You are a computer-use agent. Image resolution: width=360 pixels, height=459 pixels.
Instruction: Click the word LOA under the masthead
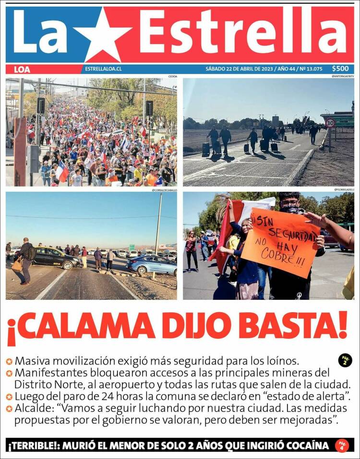(x=22, y=69)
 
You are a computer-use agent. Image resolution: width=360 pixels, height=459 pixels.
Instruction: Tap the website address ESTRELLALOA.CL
(x=103, y=69)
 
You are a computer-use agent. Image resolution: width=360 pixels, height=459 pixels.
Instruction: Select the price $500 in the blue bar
(x=340, y=69)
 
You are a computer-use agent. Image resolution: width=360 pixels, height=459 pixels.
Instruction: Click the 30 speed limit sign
(x=330, y=123)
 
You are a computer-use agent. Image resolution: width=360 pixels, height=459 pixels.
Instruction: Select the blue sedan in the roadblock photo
(x=151, y=264)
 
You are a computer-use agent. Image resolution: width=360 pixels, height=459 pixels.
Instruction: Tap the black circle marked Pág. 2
(x=345, y=360)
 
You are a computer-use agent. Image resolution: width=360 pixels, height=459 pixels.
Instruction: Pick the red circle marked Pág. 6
(x=342, y=445)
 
